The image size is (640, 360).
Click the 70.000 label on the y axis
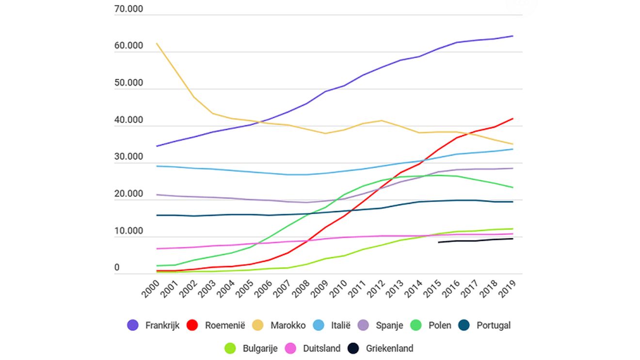pyautogui.click(x=128, y=9)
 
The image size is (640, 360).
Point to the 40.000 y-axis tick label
pyautogui.click(x=128, y=120)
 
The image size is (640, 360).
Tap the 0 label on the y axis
pyautogui.click(x=117, y=267)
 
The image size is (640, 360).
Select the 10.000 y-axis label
pyautogui.click(x=128, y=231)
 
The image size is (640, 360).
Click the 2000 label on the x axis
pyautogui.click(x=151, y=289)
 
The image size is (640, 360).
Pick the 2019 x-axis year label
pyautogui.click(x=507, y=289)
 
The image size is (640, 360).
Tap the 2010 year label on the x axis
pyautogui.click(x=338, y=289)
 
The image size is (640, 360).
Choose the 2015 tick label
pyautogui.click(x=432, y=289)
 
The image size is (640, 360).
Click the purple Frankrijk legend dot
pyautogui.click(x=132, y=325)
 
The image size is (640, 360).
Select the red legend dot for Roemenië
pyautogui.click(x=192, y=325)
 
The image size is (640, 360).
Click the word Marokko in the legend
pyautogui.click(x=288, y=325)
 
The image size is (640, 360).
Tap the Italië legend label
pyautogui.click(x=341, y=325)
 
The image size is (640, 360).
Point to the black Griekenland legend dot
pyautogui.click(x=353, y=348)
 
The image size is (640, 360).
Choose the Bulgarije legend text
pyautogui.click(x=260, y=348)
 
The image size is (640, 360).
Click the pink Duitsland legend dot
pyautogui.click(x=290, y=348)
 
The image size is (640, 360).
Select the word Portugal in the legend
pyautogui.click(x=494, y=326)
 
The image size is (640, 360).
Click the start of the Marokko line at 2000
pyautogui.click(x=157, y=44)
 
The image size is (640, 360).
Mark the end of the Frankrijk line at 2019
pyautogui.click(x=513, y=36)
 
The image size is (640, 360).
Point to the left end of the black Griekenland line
pyautogui.click(x=439, y=242)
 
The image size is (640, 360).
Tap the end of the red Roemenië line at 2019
pyautogui.click(x=513, y=119)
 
